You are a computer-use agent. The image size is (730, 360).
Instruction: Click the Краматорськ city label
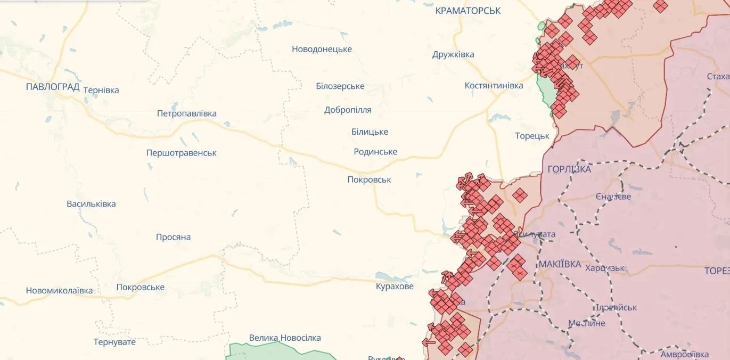(467, 11)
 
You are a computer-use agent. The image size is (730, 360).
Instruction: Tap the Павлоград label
(53, 86)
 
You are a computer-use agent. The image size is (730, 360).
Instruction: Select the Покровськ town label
(369, 179)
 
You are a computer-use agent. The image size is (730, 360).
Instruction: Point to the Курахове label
(394, 287)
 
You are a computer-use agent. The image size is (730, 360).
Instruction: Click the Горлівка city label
(569, 169)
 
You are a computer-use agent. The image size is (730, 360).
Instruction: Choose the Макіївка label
(560, 264)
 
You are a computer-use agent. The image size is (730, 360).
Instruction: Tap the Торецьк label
(532, 136)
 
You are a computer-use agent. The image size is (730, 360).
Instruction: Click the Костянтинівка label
(494, 85)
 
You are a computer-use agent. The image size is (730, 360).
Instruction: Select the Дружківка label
(453, 54)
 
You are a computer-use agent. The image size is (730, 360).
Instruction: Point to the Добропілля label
(348, 110)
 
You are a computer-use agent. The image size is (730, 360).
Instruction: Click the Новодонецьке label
(322, 49)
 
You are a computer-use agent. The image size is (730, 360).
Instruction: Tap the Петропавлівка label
(186, 113)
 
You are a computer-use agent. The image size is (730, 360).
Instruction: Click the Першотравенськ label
(181, 153)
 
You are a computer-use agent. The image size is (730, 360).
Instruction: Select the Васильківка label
(91, 204)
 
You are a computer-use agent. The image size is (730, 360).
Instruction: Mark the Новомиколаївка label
(59, 291)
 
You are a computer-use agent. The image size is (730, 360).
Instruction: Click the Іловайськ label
(617, 307)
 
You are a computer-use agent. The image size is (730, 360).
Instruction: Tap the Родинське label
(375, 152)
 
